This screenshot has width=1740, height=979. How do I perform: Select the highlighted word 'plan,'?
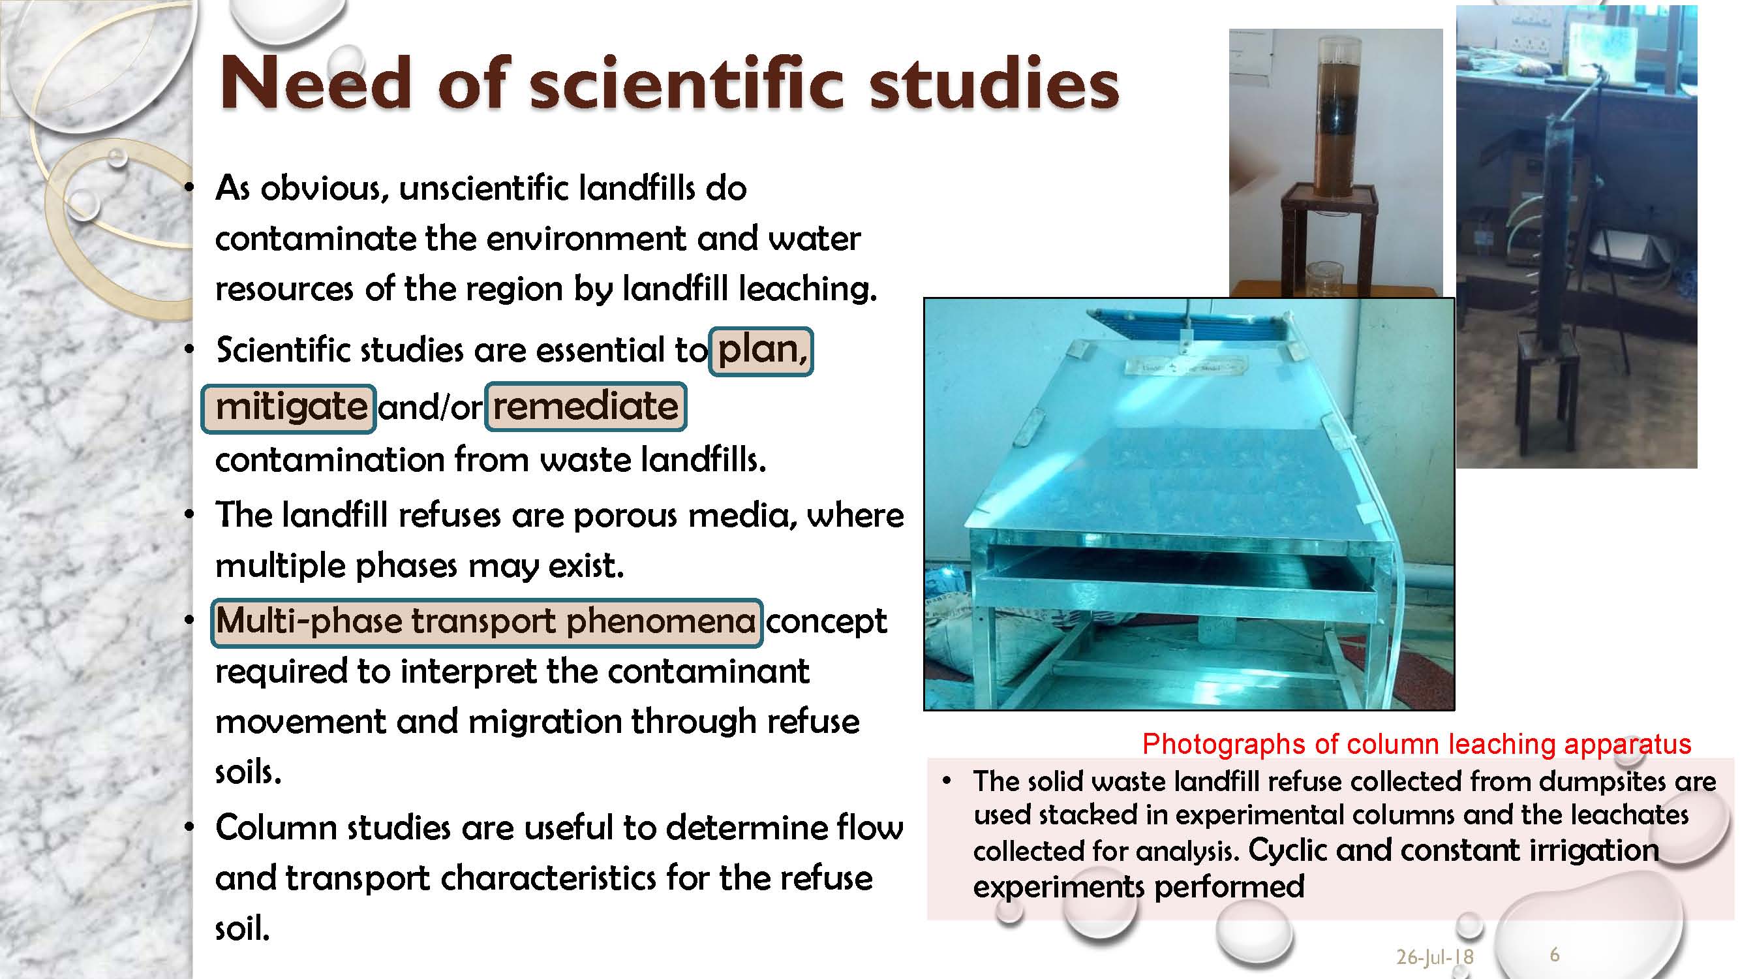[x=761, y=350]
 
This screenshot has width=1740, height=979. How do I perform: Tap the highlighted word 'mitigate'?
[x=288, y=407]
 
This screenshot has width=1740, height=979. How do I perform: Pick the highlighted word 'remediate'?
[x=586, y=407]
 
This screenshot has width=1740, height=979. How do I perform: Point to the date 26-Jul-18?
[x=1435, y=957]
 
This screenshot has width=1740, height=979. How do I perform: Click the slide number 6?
[x=1554, y=954]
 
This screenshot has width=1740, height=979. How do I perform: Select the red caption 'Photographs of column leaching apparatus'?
[x=1416, y=744]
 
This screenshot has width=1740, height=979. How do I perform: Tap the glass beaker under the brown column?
[x=1325, y=279]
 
